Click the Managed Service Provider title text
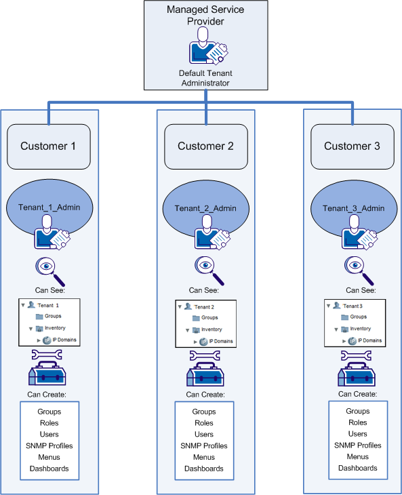tap(205, 16)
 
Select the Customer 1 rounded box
tap(49, 146)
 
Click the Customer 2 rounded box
tap(205, 146)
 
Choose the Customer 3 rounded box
tap(352, 146)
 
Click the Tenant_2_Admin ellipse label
tap(205, 208)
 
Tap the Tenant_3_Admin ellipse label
tap(352, 207)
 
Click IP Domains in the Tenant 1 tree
tap(64, 340)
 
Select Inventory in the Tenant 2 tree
tap(209, 330)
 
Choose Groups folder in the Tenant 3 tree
tap(358, 317)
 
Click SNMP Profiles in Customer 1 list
tap(49, 446)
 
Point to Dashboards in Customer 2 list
tap(204, 469)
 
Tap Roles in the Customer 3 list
tap(358, 422)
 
